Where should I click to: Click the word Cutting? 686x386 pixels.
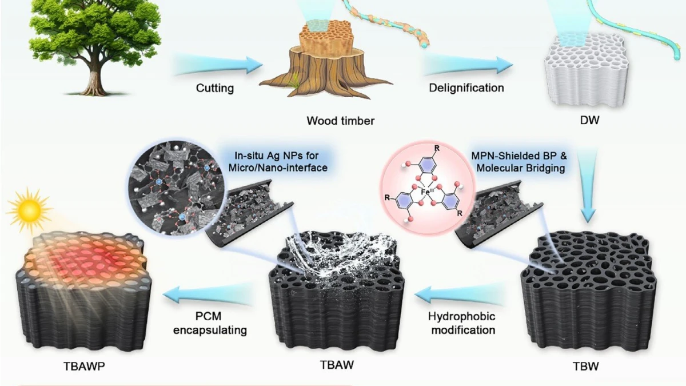coord(216,88)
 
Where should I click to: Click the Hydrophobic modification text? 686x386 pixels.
coord(462,323)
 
